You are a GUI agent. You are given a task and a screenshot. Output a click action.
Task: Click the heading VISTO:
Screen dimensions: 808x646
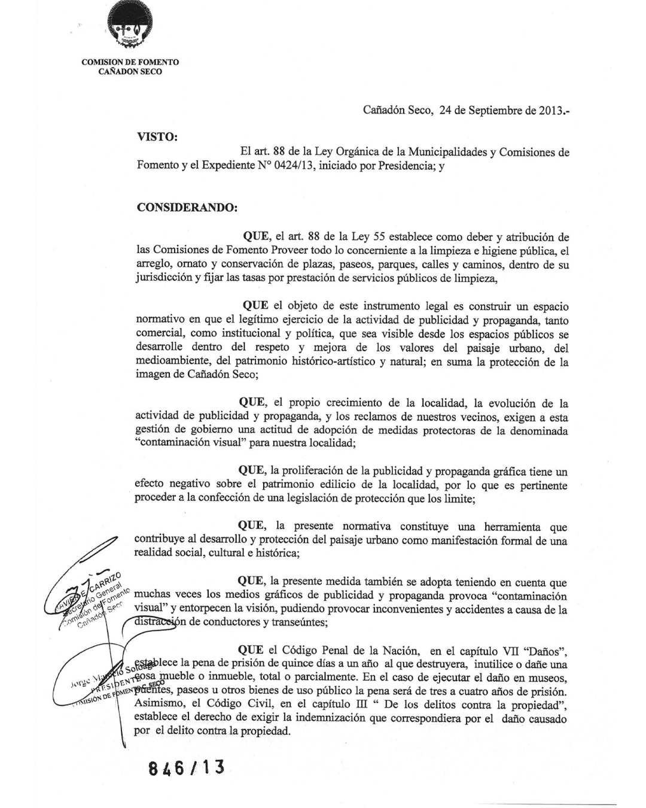coord(157,137)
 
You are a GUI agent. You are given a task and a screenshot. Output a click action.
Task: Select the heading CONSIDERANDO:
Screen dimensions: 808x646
coord(187,208)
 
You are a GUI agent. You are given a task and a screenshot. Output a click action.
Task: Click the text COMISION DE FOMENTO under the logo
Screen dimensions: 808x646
coord(130,62)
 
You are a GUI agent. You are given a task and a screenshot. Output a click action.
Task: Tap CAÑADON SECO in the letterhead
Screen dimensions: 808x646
coord(130,72)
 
